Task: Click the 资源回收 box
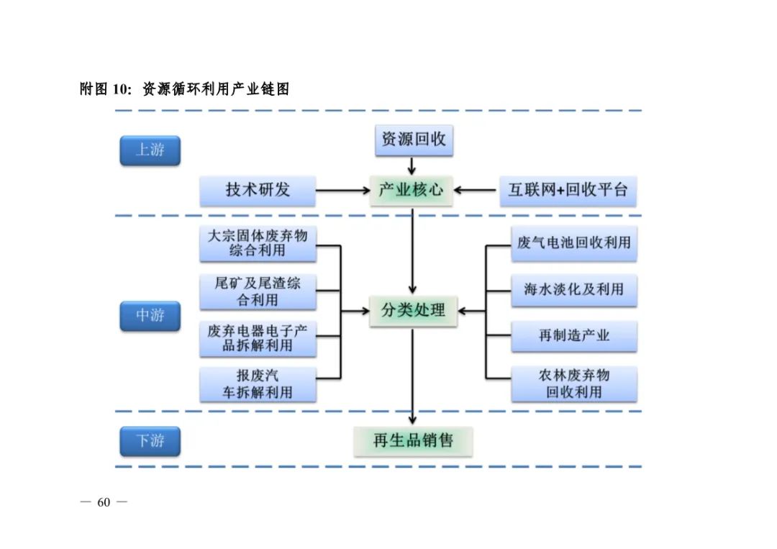coord(413,140)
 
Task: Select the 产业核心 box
coord(412,190)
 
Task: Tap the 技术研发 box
coord(258,190)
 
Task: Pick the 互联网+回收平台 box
coord(568,190)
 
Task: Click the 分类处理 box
coord(413,311)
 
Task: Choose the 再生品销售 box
coord(413,440)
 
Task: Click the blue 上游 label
coord(150,150)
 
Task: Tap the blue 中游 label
coord(150,315)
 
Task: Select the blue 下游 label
coord(150,440)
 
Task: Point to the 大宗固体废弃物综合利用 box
coord(258,243)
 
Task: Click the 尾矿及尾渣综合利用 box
coord(258,291)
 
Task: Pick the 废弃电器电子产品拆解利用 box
coord(258,339)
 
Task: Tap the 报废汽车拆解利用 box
coord(258,384)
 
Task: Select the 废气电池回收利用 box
coord(573,243)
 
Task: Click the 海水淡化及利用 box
coord(573,289)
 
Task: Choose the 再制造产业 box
coord(573,336)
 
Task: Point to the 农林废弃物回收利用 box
coord(573,384)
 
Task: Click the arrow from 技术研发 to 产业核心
coord(342,191)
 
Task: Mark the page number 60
coord(104,502)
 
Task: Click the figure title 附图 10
coord(184,89)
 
